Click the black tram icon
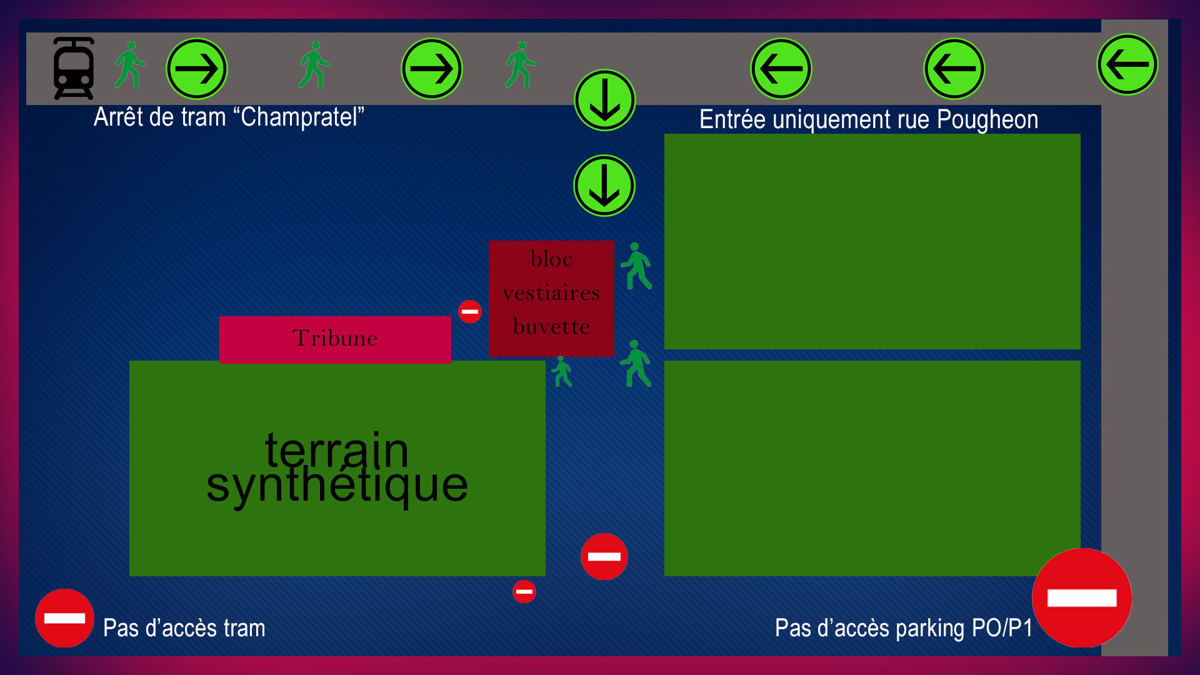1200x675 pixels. coord(74,68)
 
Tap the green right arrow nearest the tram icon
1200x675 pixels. coord(197,69)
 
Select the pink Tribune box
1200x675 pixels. coord(335,339)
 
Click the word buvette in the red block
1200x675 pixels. coord(551,327)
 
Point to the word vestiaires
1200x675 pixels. coord(551,293)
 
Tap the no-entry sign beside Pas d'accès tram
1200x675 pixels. coord(64,618)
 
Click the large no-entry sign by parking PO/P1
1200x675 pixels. coord(1082,598)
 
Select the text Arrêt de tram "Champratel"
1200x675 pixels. coord(229,117)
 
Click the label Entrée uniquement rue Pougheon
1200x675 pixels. coord(869,119)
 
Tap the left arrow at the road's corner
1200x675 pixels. coord(1127,64)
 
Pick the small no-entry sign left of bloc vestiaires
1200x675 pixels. coord(470,311)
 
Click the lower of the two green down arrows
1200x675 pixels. coord(604,186)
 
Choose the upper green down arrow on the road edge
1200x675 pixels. coord(605,100)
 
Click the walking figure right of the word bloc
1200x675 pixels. coord(636,266)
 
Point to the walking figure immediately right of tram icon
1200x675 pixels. coord(130,65)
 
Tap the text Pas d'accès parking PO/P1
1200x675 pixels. coord(904,628)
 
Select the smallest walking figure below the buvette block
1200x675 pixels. coord(562,372)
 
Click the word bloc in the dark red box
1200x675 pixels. coord(551,259)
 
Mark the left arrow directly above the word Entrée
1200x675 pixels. coord(781,69)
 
